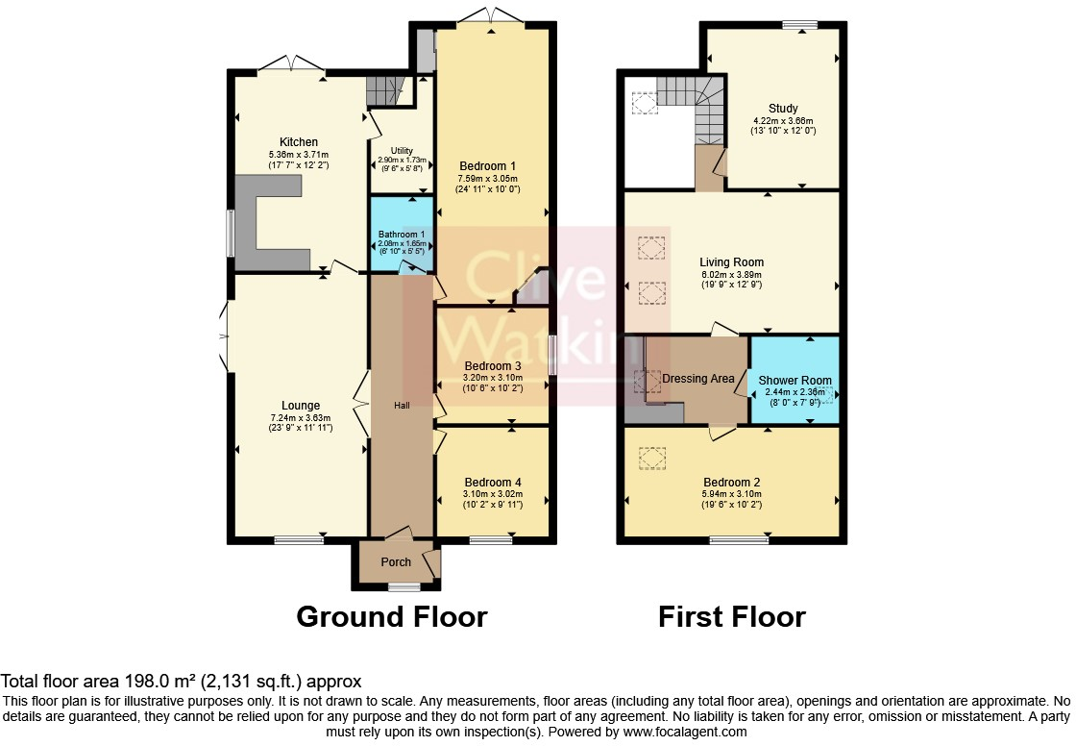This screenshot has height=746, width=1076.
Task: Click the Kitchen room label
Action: point(298,142)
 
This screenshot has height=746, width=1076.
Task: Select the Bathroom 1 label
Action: point(400,234)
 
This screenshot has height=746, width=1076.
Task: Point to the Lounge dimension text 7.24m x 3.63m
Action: point(301,417)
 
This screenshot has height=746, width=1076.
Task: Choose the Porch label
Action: point(396,561)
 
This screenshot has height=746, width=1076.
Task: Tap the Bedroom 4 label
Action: point(493,482)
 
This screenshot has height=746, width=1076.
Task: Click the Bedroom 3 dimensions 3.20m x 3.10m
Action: point(492,378)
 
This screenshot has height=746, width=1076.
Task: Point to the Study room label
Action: point(783,108)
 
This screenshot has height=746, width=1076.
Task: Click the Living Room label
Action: point(731,261)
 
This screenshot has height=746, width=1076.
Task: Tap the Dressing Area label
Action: point(698,379)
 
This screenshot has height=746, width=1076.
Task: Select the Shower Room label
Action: point(795,381)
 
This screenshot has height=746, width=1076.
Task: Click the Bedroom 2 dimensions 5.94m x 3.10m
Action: point(731,494)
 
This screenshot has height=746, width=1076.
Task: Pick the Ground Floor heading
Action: point(391,616)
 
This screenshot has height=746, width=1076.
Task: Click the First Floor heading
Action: point(731,616)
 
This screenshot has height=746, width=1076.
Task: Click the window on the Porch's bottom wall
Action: point(403,585)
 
